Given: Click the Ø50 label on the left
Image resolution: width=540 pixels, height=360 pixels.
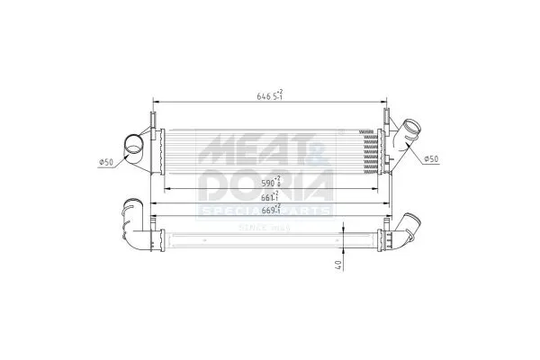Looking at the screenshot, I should pyautogui.click(x=105, y=162).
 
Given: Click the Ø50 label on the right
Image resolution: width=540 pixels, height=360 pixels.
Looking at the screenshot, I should pyautogui.click(x=432, y=159).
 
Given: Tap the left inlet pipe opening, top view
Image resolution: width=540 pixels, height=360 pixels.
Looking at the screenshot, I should pyautogui.click(x=132, y=142).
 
